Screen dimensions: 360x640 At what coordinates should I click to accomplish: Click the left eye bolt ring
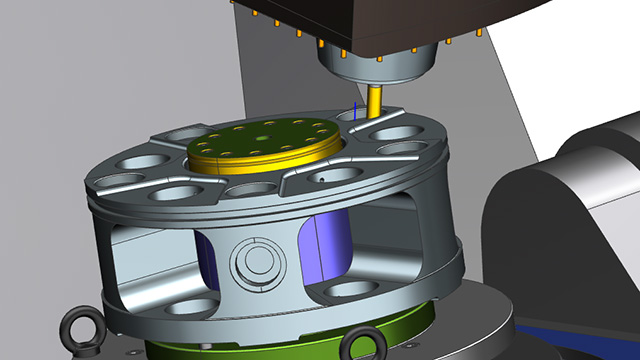click(77, 328)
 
